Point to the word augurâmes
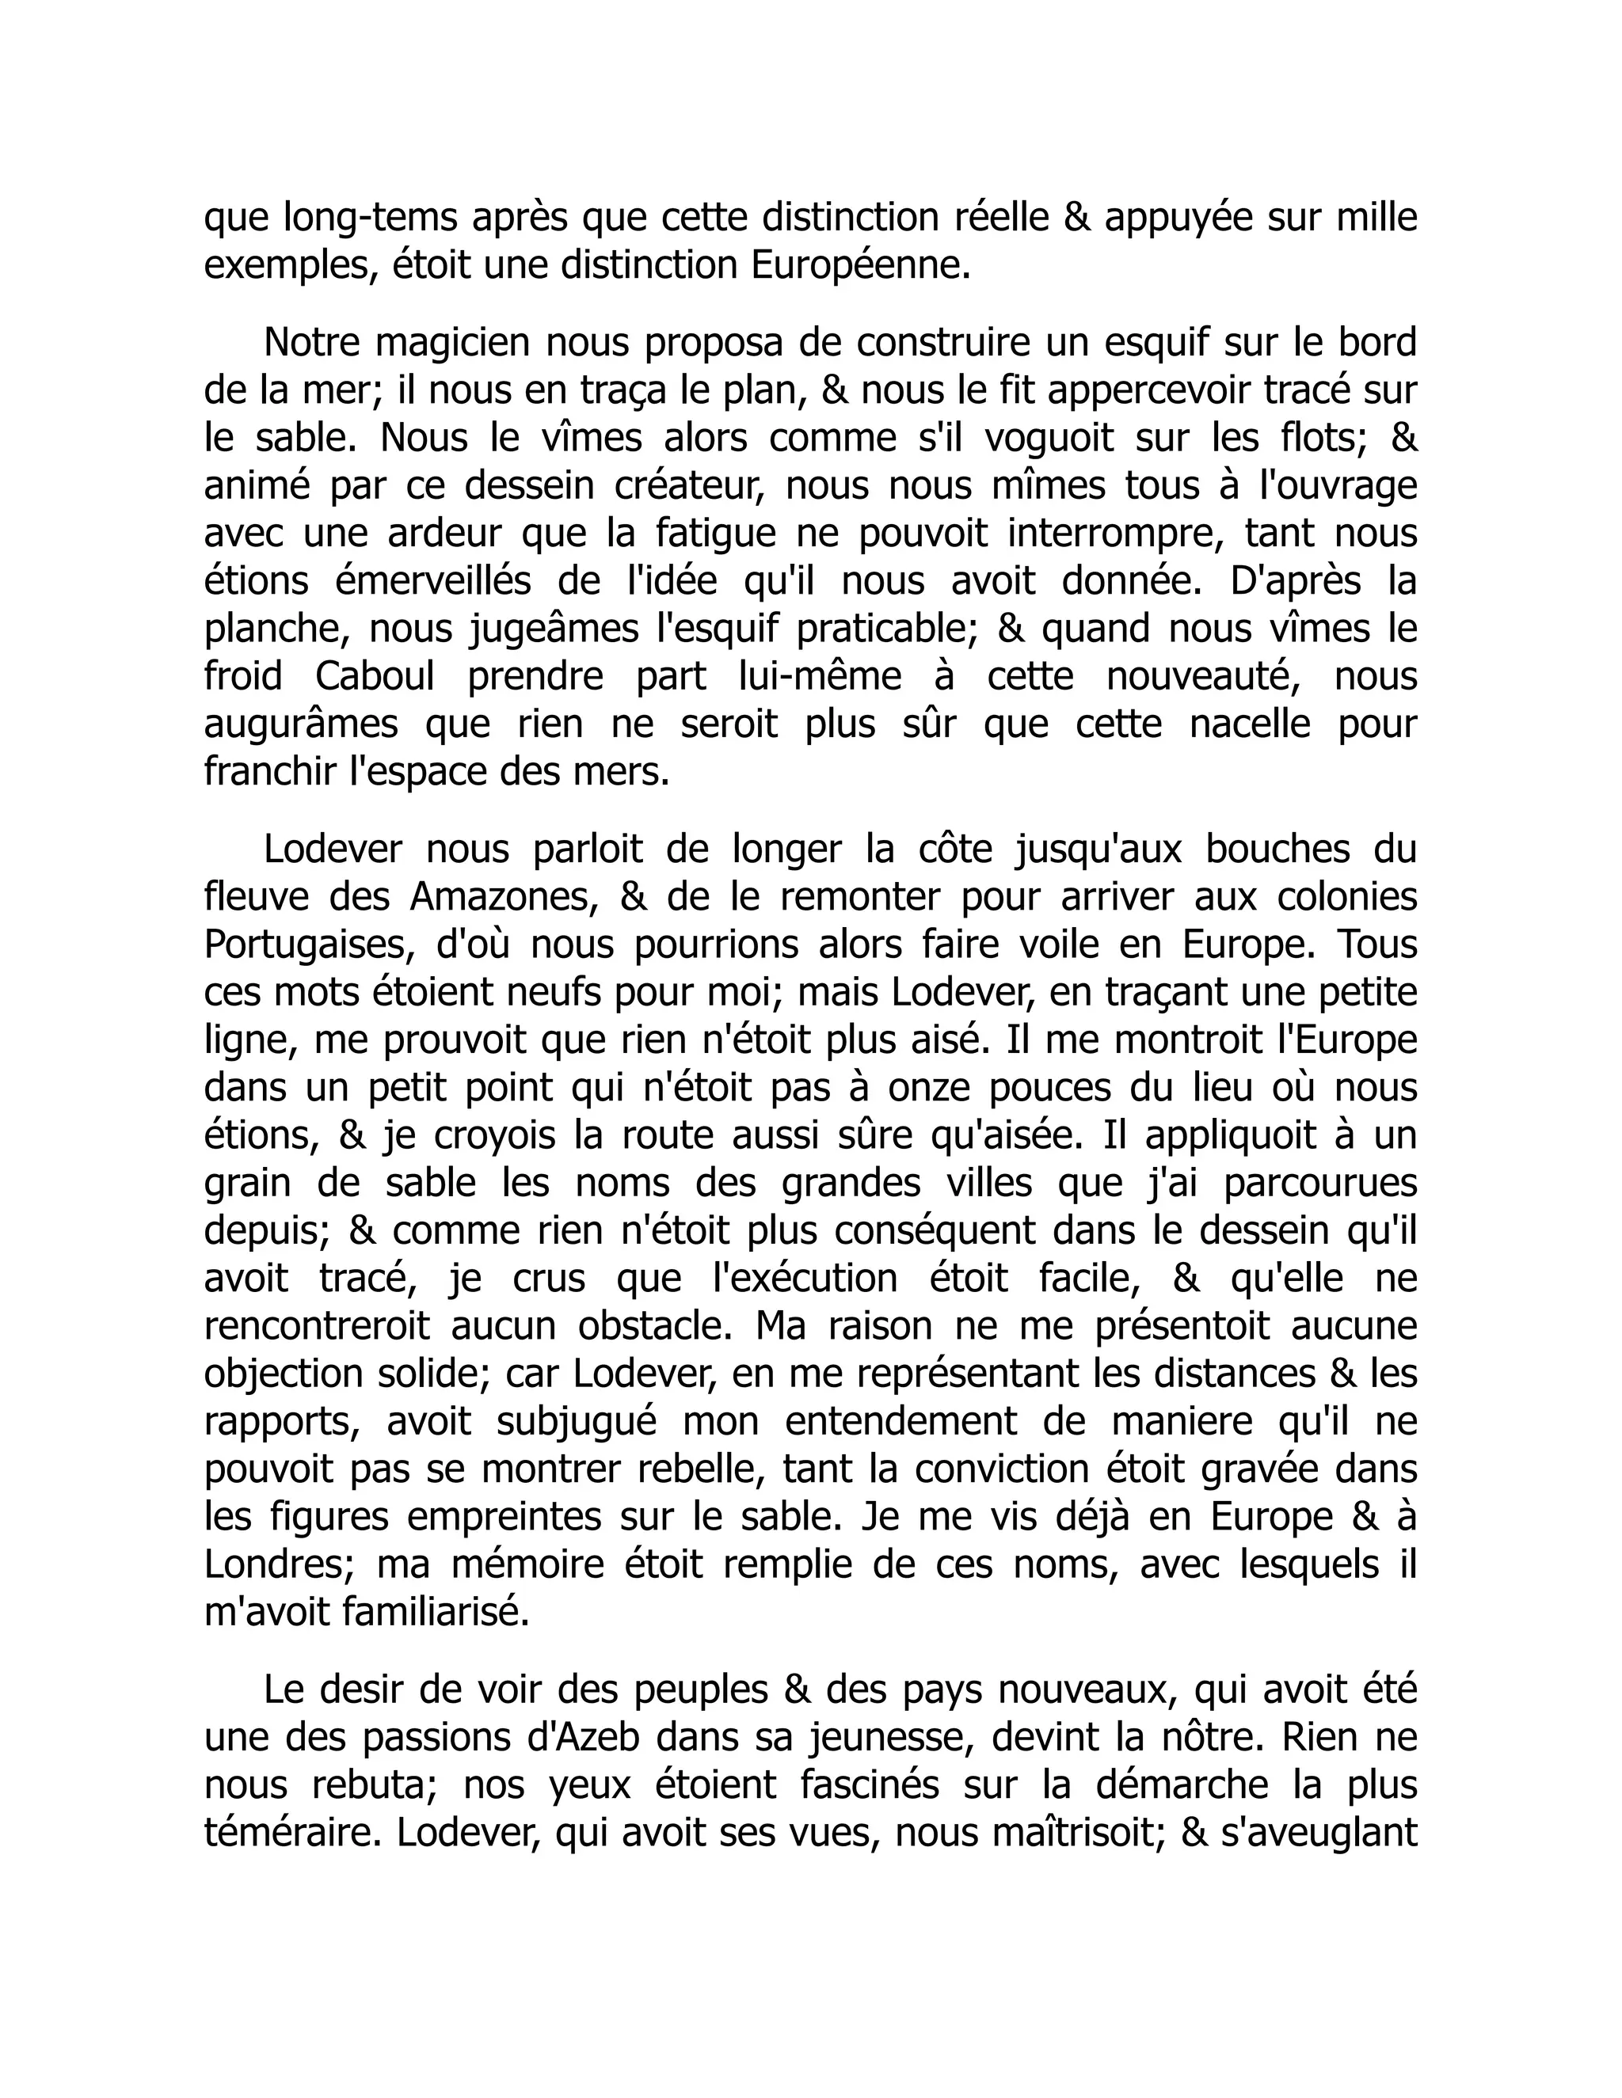pos(301,724)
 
